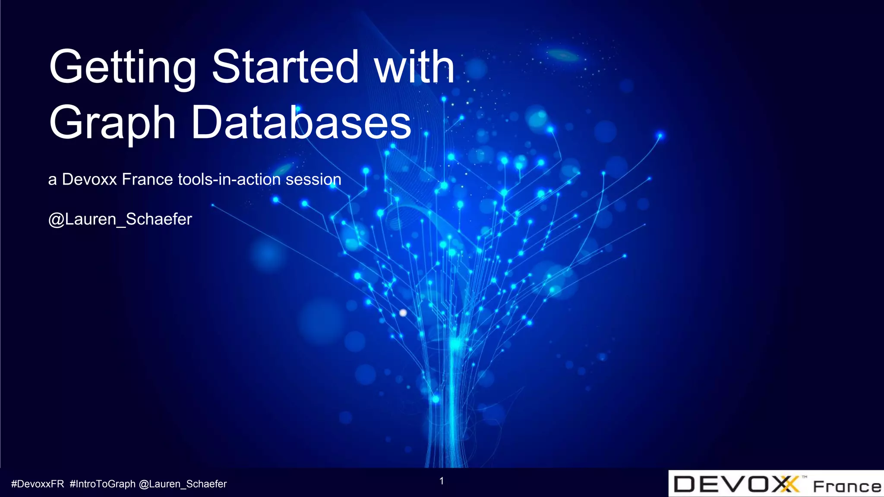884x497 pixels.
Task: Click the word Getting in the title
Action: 123,68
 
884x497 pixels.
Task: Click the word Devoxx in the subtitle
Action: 89,179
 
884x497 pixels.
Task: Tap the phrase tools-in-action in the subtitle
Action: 229,179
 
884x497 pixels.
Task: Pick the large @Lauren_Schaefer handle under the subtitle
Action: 120,220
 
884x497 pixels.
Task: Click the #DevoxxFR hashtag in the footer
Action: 38,484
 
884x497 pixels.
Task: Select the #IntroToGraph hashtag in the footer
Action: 102,484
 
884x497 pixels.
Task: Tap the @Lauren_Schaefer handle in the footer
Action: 183,484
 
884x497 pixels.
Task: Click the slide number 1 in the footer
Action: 442,481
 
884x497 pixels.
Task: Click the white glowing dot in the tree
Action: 403,313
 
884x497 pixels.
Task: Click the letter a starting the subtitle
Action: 52,180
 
